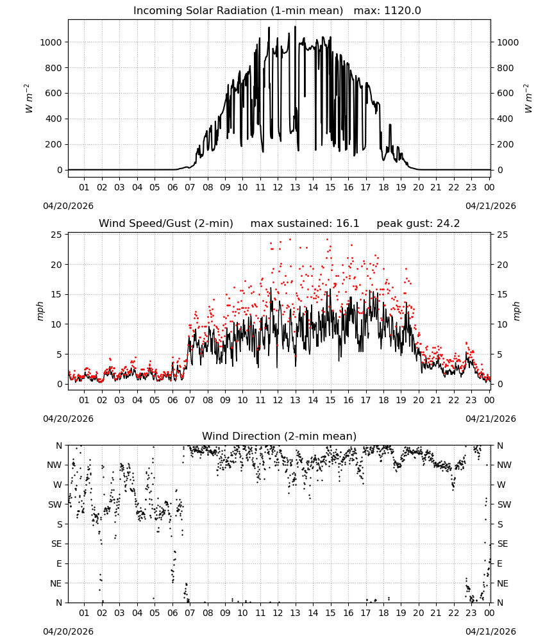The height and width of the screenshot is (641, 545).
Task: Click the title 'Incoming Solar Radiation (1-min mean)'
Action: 238,11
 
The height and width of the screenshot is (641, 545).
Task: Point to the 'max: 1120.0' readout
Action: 387,11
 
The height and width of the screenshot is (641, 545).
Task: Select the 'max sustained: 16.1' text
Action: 305,224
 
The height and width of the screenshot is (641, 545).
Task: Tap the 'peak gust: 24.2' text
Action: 418,224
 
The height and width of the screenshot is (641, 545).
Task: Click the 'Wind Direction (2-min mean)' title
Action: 280,436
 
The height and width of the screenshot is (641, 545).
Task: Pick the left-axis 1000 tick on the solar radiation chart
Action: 51,42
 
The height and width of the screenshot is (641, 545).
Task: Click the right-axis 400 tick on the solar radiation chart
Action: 505,119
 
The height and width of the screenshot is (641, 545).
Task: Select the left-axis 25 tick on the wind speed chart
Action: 56,235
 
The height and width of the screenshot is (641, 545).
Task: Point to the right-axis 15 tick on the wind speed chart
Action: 503,294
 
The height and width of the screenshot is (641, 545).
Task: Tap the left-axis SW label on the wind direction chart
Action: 55,504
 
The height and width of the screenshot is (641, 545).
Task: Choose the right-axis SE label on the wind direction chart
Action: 503,544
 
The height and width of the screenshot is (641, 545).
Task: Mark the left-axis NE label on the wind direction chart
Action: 56,583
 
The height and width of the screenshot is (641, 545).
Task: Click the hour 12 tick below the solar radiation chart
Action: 278,188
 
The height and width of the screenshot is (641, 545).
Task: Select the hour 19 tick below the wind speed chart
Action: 401,400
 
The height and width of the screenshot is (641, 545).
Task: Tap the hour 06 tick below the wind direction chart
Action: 172,613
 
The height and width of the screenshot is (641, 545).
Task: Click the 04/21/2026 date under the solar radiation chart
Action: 491,206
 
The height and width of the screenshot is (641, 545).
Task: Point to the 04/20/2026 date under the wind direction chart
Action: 68,631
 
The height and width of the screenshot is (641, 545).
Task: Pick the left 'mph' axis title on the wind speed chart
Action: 40,311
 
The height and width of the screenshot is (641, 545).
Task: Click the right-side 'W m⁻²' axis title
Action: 528,99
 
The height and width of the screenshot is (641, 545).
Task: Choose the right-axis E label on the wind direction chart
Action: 500,563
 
